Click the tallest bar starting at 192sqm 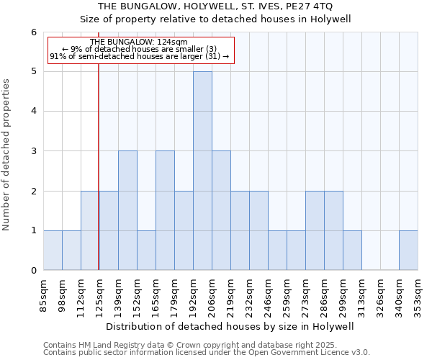point(202,171)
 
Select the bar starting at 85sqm point(53,251)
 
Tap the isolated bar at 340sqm point(408,251)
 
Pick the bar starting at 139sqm point(109,230)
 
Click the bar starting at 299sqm point(352,251)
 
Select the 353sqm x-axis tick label point(418,296)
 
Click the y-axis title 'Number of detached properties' point(7,155)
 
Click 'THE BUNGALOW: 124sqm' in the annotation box point(140,42)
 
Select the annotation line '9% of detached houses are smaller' point(140,49)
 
